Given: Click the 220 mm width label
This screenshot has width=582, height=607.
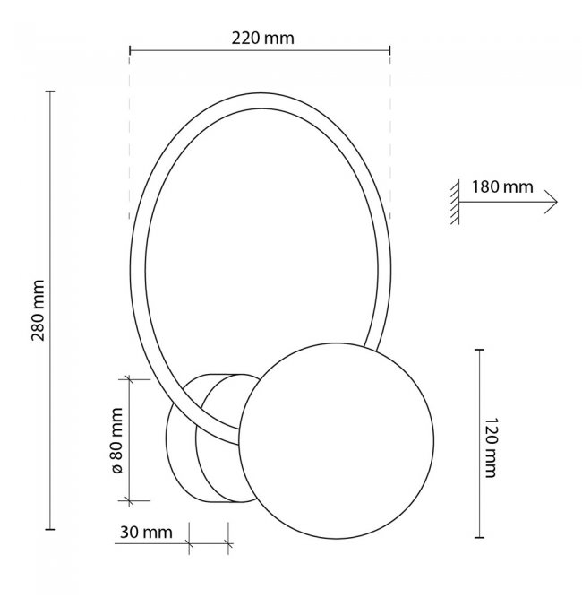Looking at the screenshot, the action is coord(262,39).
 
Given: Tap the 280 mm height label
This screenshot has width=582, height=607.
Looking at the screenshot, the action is coord(38,310).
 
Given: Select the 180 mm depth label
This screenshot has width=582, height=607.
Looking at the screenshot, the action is coord(502,187).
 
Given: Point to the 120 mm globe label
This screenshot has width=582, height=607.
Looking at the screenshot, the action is coord(491,447).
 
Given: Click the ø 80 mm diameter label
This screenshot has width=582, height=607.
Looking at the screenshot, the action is coord(116,440).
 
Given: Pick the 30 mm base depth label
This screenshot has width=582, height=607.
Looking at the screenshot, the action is coord(146,533).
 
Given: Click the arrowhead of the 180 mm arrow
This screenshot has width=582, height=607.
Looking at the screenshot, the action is coord(552,202).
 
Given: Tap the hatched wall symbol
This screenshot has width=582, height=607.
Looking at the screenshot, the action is coord(455,202).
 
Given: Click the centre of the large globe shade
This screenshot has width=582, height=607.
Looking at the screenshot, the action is coord(336,440).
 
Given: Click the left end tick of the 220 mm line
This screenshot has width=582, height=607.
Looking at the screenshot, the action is coord(130,50).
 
